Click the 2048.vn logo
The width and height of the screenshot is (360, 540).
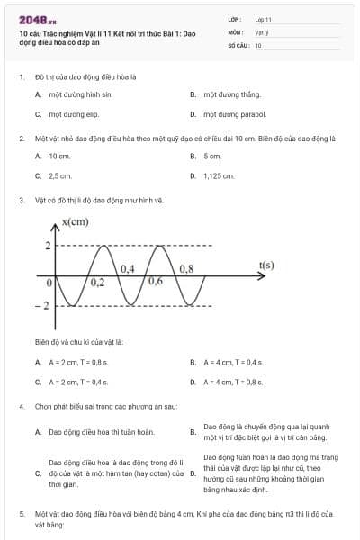(x=37, y=19)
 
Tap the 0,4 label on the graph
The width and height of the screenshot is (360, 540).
(x=127, y=268)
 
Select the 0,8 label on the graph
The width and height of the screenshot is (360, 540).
(x=186, y=268)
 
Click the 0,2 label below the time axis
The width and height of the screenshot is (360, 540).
(x=96, y=283)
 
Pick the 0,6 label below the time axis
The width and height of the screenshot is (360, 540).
(x=155, y=282)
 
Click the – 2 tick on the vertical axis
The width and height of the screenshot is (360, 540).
(x=40, y=307)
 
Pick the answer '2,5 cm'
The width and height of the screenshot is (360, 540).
(x=60, y=175)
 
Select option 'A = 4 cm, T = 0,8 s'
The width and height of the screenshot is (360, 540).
(x=232, y=382)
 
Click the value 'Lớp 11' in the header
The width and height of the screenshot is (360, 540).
(x=263, y=19)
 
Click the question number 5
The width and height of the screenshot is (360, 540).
(x=21, y=513)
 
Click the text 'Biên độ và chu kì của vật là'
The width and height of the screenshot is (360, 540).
(x=79, y=342)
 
